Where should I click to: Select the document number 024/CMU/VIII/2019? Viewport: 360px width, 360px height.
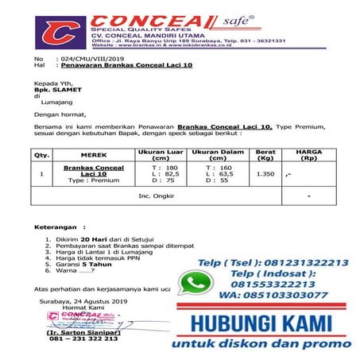(x=87, y=60)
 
